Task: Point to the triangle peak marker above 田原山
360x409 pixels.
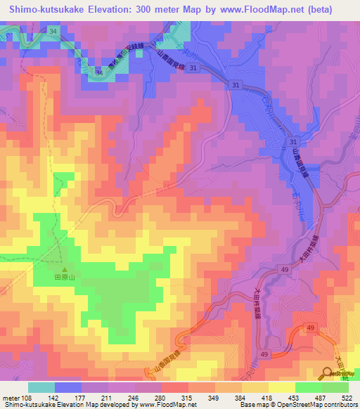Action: pyautogui.click(x=64, y=269)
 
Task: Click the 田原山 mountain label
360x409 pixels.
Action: pyautogui.click(x=64, y=278)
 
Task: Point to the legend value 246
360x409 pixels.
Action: pyautogui.click(x=133, y=398)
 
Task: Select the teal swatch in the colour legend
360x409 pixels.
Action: pyautogui.click(x=41, y=387)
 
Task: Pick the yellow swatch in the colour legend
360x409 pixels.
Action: pyautogui.click(x=282, y=387)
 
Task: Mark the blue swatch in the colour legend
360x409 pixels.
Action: pyautogui.click(x=68, y=387)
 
